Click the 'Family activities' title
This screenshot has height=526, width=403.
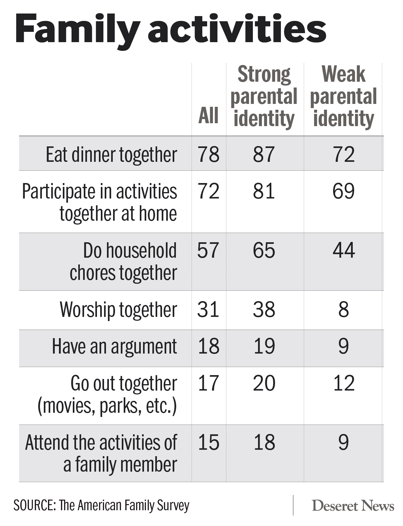click(170, 30)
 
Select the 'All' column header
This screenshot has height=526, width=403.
click(208, 115)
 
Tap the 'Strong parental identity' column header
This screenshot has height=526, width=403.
click(264, 97)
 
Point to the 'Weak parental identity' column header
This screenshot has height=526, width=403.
click(343, 97)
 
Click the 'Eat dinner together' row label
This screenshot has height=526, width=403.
click(111, 155)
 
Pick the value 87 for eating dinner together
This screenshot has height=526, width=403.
click(264, 154)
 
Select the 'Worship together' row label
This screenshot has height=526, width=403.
click(118, 310)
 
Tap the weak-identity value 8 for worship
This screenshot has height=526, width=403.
click(344, 309)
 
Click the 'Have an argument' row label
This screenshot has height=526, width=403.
click(114, 347)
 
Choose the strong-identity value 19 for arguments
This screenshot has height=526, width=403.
click(264, 346)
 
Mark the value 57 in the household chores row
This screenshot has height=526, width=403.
click(208, 251)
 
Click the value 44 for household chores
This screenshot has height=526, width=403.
click(344, 251)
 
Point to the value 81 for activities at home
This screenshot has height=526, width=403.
click(264, 191)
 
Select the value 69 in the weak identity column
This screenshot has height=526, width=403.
click(344, 191)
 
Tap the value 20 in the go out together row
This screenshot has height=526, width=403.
click(264, 383)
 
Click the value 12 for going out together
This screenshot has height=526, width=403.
click(344, 383)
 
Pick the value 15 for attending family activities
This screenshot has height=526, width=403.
click(208, 442)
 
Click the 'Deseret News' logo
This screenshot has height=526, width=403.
click(353, 506)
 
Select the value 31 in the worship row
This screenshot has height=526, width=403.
click(208, 309)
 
